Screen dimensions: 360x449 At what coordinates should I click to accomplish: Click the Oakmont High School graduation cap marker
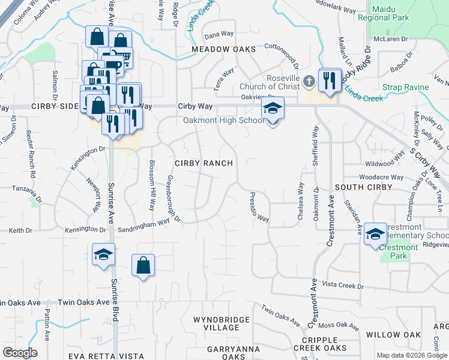click(272, 109)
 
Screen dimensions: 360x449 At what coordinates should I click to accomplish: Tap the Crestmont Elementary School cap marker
click(375, 235)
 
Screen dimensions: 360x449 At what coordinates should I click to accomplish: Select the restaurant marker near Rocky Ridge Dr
click(329, 80)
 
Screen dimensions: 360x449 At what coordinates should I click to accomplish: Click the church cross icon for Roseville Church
click(309, 81)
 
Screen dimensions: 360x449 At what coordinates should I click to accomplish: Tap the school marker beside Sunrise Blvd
click(103, 254)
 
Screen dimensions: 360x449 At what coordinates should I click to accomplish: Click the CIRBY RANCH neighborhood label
click(203, 163)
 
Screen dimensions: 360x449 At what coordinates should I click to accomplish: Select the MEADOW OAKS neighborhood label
click(223, 49)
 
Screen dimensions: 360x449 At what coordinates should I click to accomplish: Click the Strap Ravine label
click(406, 88)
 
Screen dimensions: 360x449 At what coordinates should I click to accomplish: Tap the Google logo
click(20, 353)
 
